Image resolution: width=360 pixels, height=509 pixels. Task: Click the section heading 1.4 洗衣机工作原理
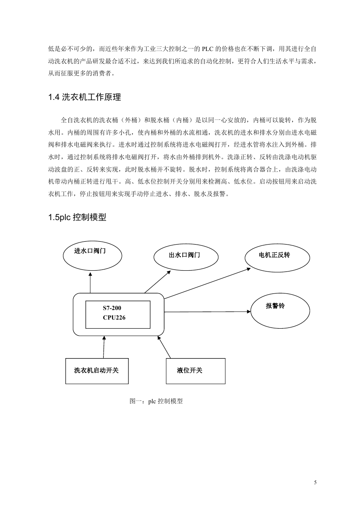[85, 97]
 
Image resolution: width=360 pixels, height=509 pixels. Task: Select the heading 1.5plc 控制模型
[77, 217]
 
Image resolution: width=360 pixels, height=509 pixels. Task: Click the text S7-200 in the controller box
[112, 308]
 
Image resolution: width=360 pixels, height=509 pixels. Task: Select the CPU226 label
[114, 318]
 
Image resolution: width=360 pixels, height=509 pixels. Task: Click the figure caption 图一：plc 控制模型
[156, 401]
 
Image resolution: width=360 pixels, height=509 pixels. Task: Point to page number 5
[315, 482]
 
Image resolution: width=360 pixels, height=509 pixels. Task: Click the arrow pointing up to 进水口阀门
[90, 283]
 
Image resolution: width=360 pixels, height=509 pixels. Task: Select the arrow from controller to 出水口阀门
[157, 282]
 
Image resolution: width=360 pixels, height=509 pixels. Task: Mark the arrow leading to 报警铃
[207, 312]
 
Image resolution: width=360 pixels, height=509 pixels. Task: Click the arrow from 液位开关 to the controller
[164, 347]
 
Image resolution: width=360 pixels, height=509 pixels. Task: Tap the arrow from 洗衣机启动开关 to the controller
[104, 347]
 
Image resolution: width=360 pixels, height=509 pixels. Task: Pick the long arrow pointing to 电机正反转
[207, 284]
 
